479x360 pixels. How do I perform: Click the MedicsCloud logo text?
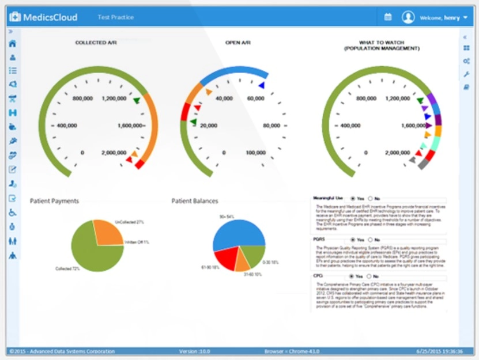coord(49,17)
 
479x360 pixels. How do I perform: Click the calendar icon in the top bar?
coord(388,17)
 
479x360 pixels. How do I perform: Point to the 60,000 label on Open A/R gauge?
coord(255,98)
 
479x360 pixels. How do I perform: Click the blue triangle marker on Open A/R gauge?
coord(262,85)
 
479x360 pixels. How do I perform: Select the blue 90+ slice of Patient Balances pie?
coord(236,230)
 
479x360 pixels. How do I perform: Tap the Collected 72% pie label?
coord(67,268)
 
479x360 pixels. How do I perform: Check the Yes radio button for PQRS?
coord(353,240)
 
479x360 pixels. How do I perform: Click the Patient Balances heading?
coord(195,201)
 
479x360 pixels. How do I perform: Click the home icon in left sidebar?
coord(12,44)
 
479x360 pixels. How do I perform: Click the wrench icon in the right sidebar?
coord(466,74)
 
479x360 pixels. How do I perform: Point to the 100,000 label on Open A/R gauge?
coord(255,153)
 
